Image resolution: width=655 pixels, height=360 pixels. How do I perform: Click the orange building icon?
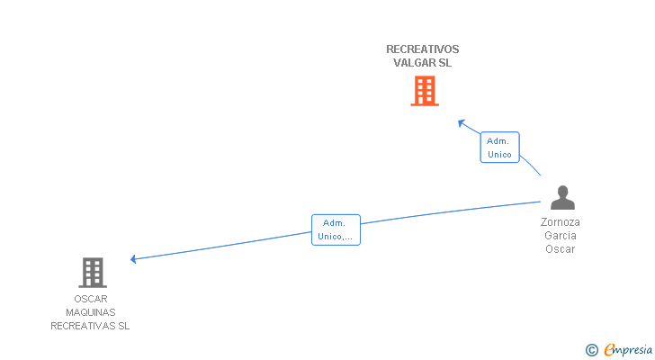coord(425,91)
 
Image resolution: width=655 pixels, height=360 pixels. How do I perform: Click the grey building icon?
coord(93,273)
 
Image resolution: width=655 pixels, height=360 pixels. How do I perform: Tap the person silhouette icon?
coord(562,197)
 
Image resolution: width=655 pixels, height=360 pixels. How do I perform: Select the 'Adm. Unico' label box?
coord(499,148)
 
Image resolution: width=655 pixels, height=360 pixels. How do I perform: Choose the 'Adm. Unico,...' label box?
coord(336,229)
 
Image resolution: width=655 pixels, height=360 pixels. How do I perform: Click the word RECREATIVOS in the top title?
coord(422,49)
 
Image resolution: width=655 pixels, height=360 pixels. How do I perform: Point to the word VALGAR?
coord(414,63)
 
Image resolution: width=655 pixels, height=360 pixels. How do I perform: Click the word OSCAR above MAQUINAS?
coord(91,299)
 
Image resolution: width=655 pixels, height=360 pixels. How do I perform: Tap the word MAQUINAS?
coord(91,312)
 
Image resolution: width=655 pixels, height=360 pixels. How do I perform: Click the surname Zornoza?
coord(561,222)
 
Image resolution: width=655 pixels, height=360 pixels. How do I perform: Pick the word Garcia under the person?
coord(561,236)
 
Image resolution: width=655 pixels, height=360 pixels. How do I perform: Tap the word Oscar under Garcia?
coord(561,249)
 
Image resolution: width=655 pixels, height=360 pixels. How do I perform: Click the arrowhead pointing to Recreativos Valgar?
coord(462,123)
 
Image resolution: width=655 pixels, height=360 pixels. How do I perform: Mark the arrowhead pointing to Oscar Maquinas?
coord(134,259)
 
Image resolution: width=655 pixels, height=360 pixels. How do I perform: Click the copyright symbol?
coord(592,350)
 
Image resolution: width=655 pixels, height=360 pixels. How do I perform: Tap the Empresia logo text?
coord(628,350)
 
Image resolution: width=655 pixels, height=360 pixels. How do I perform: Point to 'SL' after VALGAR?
coord(444,63)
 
